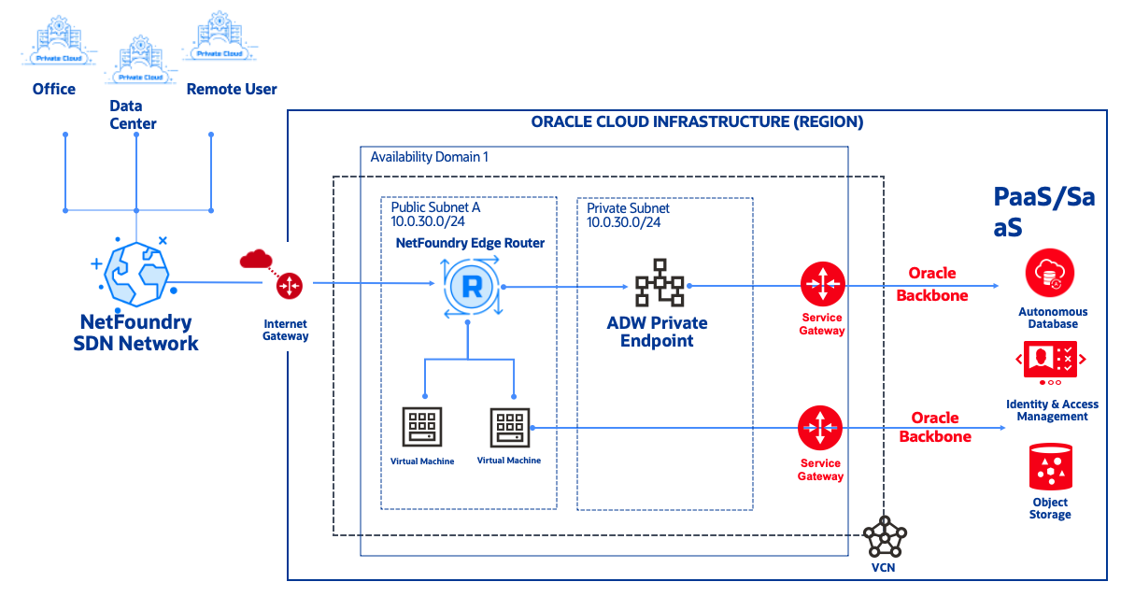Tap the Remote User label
tap(232, 90)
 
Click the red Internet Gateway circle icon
tap(290, 285)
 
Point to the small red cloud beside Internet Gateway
tap(254, 259)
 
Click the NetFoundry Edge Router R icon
tap(472, 287)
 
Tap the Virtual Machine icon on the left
tap(422, 427)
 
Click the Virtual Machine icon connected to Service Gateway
tap(509, 427)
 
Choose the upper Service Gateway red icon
tap(822, 283)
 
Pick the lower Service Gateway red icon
tap(820, 428)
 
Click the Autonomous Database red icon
tap(1050, 275)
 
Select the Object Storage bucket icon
tap(1050, 467)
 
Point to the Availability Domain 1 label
tap(429, 157)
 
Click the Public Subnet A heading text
tap(435, 207)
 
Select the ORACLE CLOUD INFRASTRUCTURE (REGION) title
tap(697, 121)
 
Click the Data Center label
tap(133, 115)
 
